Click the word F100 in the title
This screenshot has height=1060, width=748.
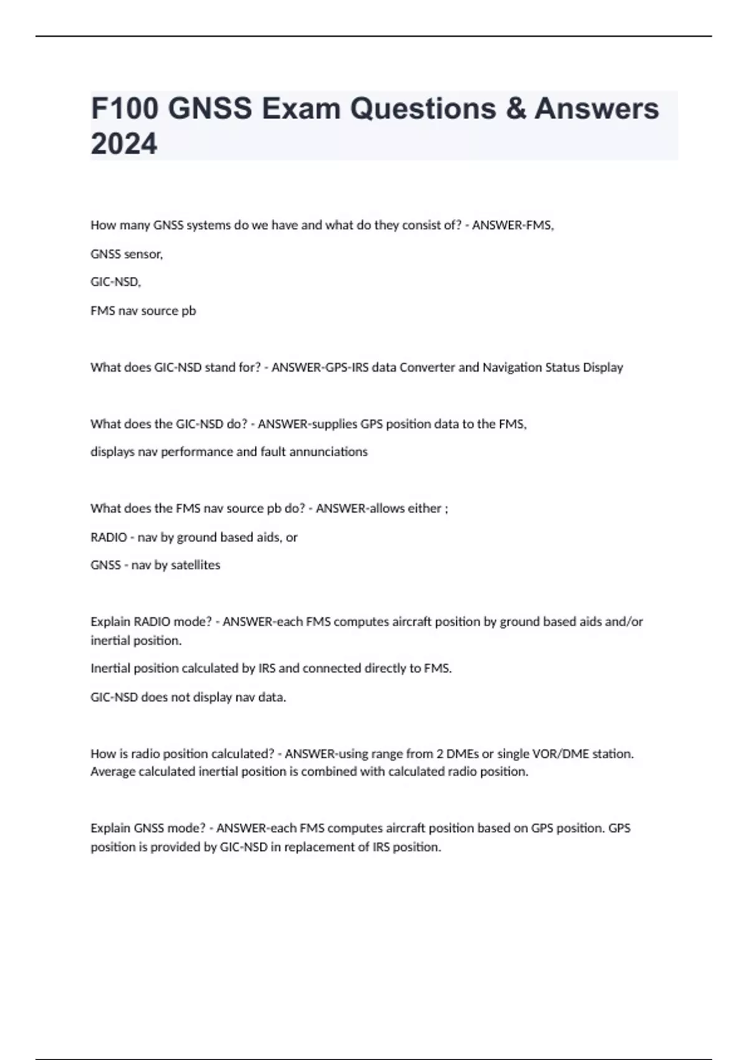point(124,108)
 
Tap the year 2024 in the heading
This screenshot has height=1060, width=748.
point(124,144)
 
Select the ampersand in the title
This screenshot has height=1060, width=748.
point(515,108)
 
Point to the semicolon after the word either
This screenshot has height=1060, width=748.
point(446,509)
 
